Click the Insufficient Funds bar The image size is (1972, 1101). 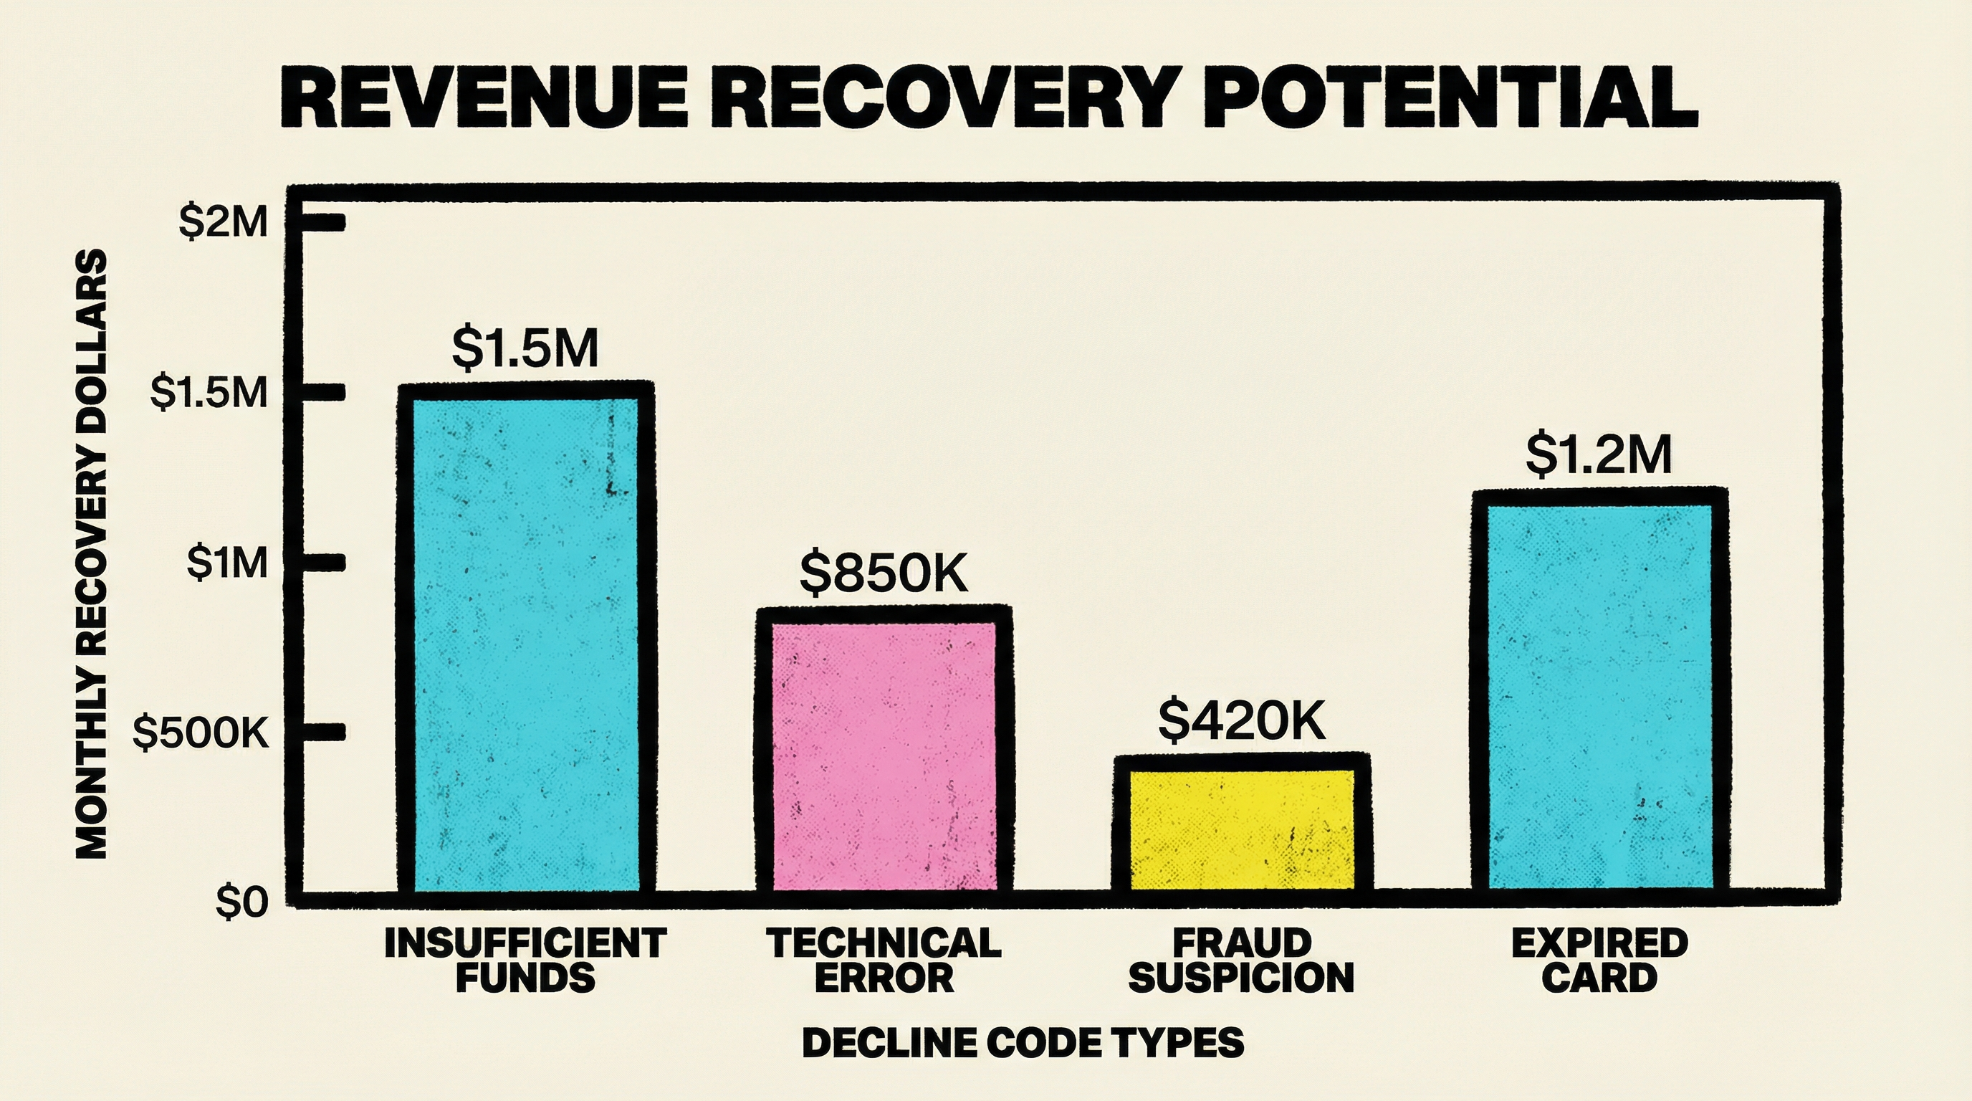point(525,643)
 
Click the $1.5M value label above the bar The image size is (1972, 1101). point(525,348)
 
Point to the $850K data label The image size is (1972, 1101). point(884,573)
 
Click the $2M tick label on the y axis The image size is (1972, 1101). point(224,223)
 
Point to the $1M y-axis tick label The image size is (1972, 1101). point(228,563)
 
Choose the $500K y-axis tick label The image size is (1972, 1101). point(201,733)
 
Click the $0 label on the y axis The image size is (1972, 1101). point(243,903)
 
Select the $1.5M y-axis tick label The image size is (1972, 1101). point(209,393)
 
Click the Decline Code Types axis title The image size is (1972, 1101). point(1023,1043)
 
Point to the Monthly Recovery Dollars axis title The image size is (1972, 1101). point(92,553)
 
